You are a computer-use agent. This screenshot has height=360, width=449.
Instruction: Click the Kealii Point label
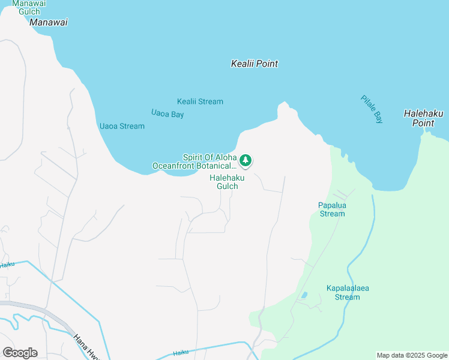pyautogui.click(x=254, y=64)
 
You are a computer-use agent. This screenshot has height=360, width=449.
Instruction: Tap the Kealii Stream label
pyautogui.click(x=200, y=101)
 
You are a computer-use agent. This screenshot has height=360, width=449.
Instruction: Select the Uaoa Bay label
pyautogui.click(x=167, y=113)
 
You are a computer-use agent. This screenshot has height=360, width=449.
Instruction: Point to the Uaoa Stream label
pyautogui.click(x=121, y=126)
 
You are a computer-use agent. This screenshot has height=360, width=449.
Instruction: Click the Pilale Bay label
pyautogui.click(x=372, y=109)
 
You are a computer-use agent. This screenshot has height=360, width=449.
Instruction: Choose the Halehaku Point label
pyautogui.click(x=418, y=118)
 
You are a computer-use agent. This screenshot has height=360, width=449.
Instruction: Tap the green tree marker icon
pyautogui.click(x=245, y=160)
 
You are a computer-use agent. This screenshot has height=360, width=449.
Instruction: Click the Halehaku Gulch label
pyautogui.click(x=224, y=182)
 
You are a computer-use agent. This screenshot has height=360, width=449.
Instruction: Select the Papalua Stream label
pyautogui.click(x=332, y=209)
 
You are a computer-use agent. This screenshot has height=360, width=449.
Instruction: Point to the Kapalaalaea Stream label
pyautogui.click(x=347, y=292)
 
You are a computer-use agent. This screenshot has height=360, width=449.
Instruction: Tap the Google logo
pyautogui.click(x=20, y=352)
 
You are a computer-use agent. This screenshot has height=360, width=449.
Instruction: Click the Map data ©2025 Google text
pyautogui.click(x=412, y=355)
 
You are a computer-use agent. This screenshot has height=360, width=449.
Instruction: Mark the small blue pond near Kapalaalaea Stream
pyautogui.click(x=304, y=295)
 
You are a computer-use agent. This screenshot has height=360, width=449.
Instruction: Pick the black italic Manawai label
pyautogui.click(x=49, y=22)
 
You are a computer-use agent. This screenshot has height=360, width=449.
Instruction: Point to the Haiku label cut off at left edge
pyautogui.click(x=7, y=264)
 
